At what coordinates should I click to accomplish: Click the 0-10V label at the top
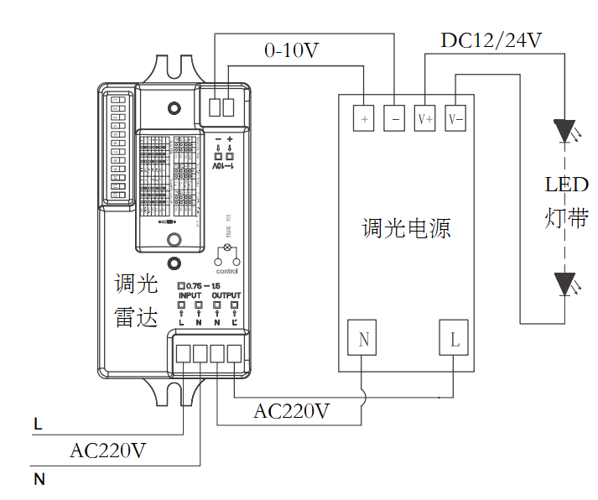pyautogui.click(x=291, y=51)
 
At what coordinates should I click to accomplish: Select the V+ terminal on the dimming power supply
pyautogui.click(x=425, y=119)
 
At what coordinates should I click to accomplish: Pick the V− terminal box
pyautogui.click(x=455, y=119)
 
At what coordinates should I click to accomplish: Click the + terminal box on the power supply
pyautogui.click(x=364, y=119)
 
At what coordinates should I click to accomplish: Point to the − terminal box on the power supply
pyautogui.click(x=394, y=119)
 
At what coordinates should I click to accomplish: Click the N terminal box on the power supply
pyautogui.click(x=363, y=340)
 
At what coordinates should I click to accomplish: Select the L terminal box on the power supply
pyautogui.click(x=455, y=340)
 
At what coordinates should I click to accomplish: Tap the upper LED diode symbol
pyautogui.click(x=564, y=133)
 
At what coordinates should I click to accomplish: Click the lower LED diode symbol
pyautogui.click(x=564, y=284)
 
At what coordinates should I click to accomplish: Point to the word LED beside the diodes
pyautogui.click(x=567, y=185)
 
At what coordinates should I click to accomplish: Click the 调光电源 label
pyautogui.click(x=407, y=228)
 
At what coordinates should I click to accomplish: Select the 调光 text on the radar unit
pyautogui.click(x=136, y=284)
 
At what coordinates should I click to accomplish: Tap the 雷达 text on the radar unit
pyautogui.click(x=136, y=318)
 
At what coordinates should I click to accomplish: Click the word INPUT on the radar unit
pyautogui.click(x=190, y=296)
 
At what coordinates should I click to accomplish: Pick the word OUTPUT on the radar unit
pyautogui.click(x=226, y=296)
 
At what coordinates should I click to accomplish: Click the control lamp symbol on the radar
pyautogui.click(x=225, y=249)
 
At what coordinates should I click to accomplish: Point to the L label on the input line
pyautogui.click(x=38, y=425)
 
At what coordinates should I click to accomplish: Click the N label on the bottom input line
pyautogui.click(x=39, y=480)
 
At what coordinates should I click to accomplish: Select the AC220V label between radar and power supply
pyautogui.click(x=292, y=412)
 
